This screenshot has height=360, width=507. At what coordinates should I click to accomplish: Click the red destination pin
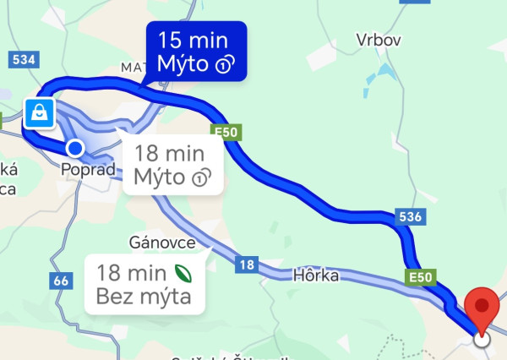[x=482, y=308]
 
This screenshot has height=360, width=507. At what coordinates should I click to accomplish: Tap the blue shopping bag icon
[x=39, y=112]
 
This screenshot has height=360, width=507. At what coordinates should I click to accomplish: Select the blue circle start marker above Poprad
[x=75, y=149]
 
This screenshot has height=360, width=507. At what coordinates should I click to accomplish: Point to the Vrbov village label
[x=378, y=40]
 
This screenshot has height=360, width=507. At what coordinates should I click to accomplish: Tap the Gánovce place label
[x=162, y=243]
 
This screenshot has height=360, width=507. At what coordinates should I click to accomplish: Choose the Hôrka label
[x=315, y=275]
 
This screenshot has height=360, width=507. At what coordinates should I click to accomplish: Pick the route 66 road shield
[x=59, y=280]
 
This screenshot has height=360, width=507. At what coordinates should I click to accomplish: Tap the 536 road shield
[x=409, y=218]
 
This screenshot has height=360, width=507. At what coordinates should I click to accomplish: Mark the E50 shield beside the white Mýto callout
[x=223, y=131]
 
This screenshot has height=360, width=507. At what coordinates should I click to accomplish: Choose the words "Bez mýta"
[x=144, y=297]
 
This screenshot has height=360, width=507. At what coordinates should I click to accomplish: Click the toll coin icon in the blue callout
[x=225, y=65]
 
